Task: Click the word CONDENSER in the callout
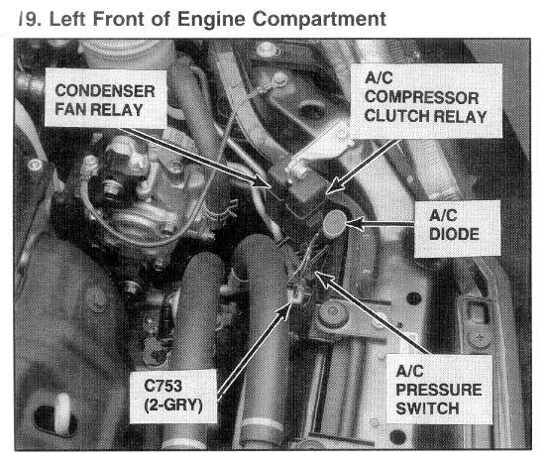click(x=105, y=91)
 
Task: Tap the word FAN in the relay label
click(x=69, y=109)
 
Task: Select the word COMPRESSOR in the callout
click(x=421, y=97)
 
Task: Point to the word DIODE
click(x=454, y=234)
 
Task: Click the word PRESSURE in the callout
click(x=439, y=390)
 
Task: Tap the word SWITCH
click(x=427, y=408)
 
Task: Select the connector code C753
click(x=163, y=386)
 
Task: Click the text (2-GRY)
click(x=173, y=406)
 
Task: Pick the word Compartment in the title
click(x=319, y=19)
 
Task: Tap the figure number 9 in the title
click(x=32, y=19)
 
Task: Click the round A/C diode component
click(x=334, y=223)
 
